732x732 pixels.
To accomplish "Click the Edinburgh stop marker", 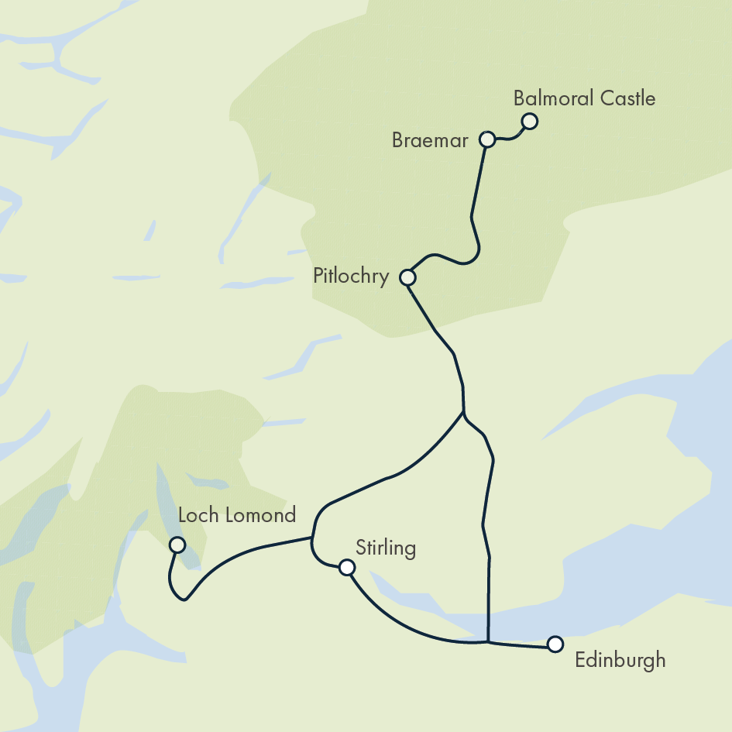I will pos(555,644).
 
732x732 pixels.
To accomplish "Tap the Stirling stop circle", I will pos(347,568).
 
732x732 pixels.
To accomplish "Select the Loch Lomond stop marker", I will pos(177,545).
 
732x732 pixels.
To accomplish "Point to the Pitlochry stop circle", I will pos(407,277).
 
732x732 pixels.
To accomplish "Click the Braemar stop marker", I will pos(487,139).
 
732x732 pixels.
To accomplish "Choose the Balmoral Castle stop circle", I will pos(530,121).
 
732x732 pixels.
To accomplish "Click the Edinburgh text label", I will pos(620,661).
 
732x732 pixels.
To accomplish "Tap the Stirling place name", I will pos(386,548).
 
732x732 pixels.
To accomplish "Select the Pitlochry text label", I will pos(351,277).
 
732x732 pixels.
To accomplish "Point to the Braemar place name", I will pos(430,141).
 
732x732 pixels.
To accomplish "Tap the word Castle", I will pos(627,99).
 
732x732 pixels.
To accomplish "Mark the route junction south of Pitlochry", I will pos(463,413).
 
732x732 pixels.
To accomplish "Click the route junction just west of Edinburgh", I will pos(488,641).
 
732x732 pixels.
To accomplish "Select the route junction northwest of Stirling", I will pos(312,537).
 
